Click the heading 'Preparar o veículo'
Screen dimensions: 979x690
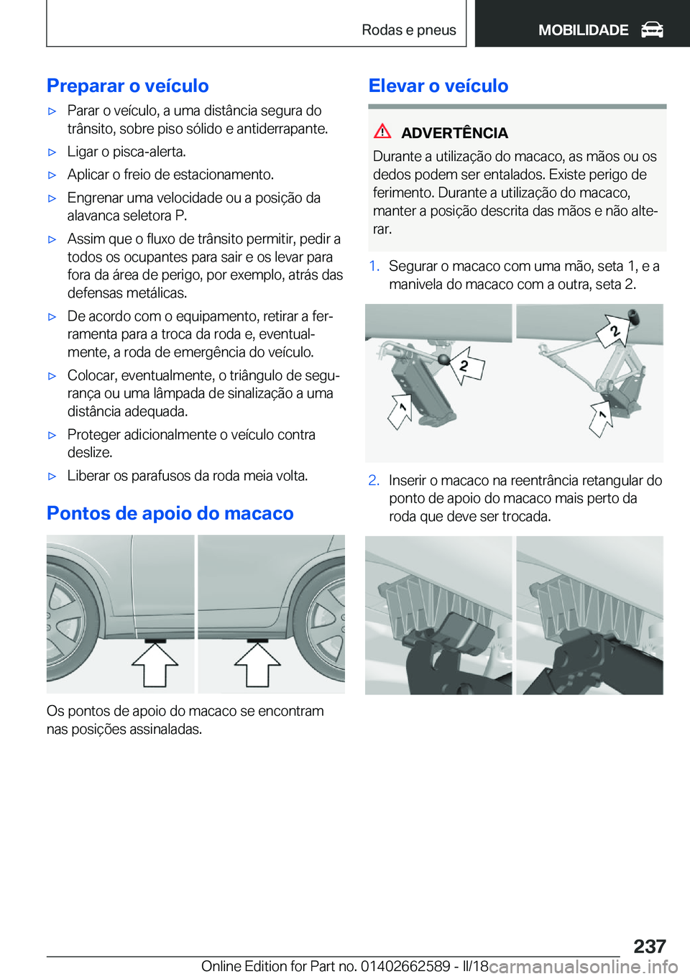[x=127, y=86]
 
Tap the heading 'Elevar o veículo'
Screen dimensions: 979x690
[x=438, y=86]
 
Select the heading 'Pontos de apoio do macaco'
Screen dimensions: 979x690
[x=170, y=513]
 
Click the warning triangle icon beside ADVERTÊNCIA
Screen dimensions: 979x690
[x=382, y=132]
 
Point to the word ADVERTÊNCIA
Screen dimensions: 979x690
[x=454, y=133]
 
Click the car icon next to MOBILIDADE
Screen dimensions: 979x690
[x=652, y=29]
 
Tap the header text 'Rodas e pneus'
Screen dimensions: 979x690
[x=408, y=29]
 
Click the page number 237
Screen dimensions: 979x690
[x=649, y=945]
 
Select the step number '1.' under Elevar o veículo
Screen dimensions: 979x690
[x=374, y=267]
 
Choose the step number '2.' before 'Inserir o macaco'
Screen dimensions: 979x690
[x=374, y=480]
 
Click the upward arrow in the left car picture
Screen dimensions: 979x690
[x=155, y=664]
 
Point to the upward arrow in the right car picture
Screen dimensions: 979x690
[x=257, y=664]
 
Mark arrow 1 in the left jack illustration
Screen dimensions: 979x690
[x=400, y=411]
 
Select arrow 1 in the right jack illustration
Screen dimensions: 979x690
[x=601, y=418]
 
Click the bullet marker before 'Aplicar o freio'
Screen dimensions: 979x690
[x=52, y=175]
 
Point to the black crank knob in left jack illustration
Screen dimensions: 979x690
[x=444, y=359]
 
